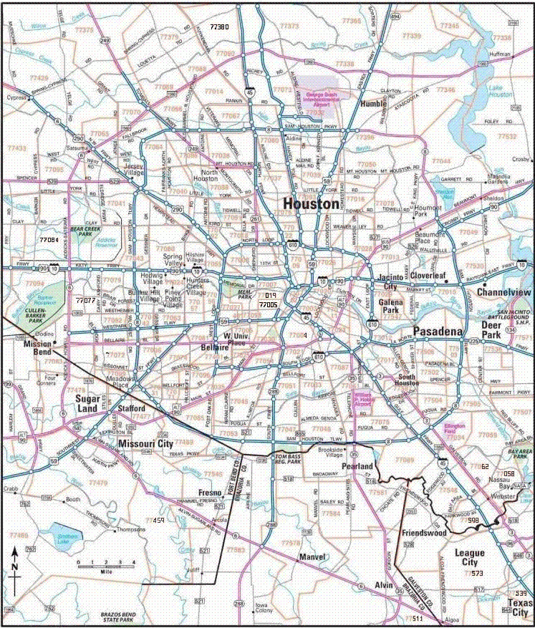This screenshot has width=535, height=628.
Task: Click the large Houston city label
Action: [x=311, y=204]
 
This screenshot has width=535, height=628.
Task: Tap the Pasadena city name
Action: [x=438, y=332]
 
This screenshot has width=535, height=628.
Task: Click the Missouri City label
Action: [x=145, y=444]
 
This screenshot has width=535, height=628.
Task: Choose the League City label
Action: [x=469, y=558]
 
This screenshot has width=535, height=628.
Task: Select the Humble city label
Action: [x=374, y=104]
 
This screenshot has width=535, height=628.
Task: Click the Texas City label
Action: [x=519, y=608]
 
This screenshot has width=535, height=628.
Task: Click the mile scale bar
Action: [x=106, y=566]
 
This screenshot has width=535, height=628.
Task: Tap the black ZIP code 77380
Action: [x=218, y=26]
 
